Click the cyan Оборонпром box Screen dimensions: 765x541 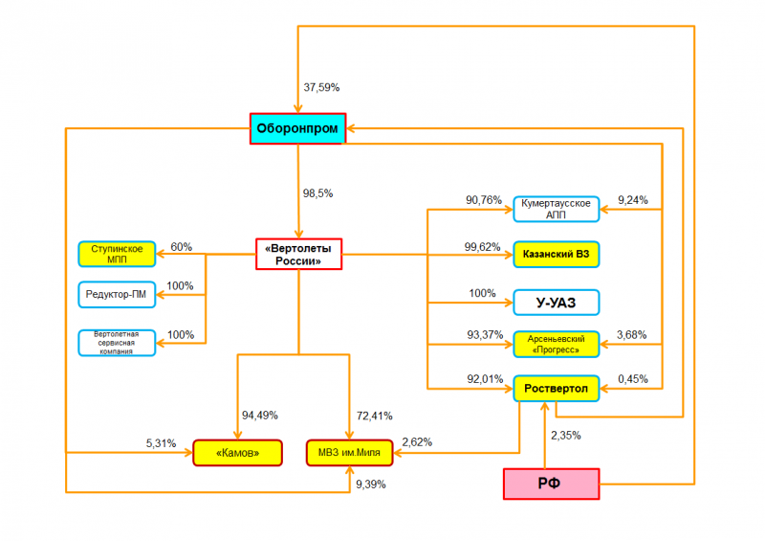point(297,128)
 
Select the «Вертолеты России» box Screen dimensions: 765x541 point(298,254)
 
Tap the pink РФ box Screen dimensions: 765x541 point(552,484)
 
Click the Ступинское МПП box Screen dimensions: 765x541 point(117,254)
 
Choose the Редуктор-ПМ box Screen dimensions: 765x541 point(117,294)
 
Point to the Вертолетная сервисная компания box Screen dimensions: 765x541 point(117,343)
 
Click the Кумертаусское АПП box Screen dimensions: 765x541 point(557,209)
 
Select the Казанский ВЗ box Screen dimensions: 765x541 point(557,254)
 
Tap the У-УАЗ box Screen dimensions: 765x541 point(557,303)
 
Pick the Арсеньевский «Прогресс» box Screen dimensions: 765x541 point(557,344)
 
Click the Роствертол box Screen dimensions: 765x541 point(557,389)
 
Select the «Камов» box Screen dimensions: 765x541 point(237,453)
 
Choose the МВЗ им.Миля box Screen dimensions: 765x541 point(349,453)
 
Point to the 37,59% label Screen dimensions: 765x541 point(321,87)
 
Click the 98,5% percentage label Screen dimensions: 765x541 point(317,193)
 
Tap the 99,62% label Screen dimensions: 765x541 point(482,247)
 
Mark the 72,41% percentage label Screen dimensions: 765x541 point(374,416)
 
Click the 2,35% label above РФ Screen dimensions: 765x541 point(566,436)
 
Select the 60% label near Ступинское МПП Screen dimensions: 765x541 point(181,247)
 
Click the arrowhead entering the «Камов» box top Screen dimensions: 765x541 point(237,435)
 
